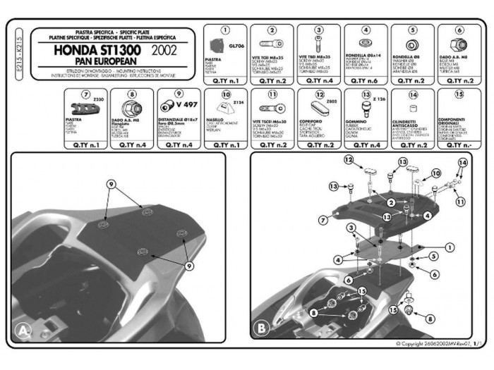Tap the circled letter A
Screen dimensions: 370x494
tap(24, 329)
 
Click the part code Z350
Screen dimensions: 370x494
tap(97, 101)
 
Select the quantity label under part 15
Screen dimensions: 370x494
tap(459, 145)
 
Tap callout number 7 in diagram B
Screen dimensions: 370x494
tap(323, 220)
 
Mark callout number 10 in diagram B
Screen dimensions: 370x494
tap(435, 173)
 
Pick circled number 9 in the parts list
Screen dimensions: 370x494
tap(179, 94)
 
